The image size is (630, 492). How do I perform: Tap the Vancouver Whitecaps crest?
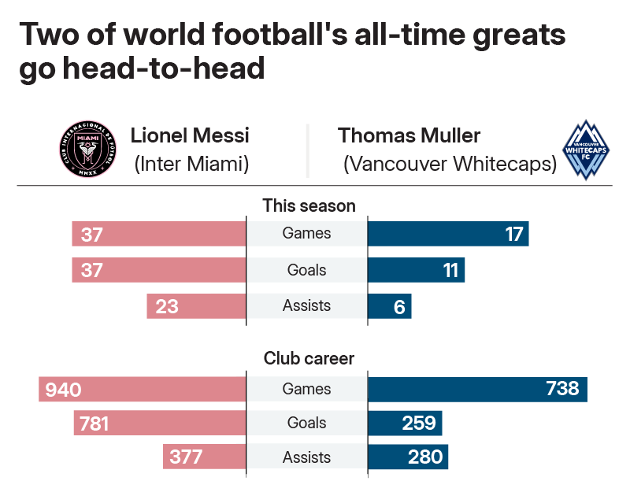click(x=585, y=150)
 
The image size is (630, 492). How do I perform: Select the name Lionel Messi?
click(x=190, y=135)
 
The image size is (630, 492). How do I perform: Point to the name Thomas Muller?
click(x=409, y=135)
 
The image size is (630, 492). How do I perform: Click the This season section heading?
click(x=309, y=206)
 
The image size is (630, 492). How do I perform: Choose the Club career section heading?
click(x=309, y=358)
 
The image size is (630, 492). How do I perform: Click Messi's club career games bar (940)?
click(x=143, y=389)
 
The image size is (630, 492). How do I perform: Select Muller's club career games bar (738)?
click(x=477, y=389)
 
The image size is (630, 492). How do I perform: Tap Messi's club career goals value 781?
click(x=94, y=424)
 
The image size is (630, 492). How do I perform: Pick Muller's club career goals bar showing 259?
click(x=405, y=424)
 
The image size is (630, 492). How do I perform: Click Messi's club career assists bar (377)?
click(x=205, y=457)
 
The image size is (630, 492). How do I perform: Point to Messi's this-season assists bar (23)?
click(x=196, y=306)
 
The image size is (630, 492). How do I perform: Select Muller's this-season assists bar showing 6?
click(x=389, y=306)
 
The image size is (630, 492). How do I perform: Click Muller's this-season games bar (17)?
click(x=447, y=235)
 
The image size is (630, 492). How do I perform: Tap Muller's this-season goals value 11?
click(x=450, y=271)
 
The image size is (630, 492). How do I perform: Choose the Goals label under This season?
click(x=306, y=270)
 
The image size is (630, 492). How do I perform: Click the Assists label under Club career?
click(x=306, y=457)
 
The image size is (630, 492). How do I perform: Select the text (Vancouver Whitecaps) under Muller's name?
click(x=450, y=165)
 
